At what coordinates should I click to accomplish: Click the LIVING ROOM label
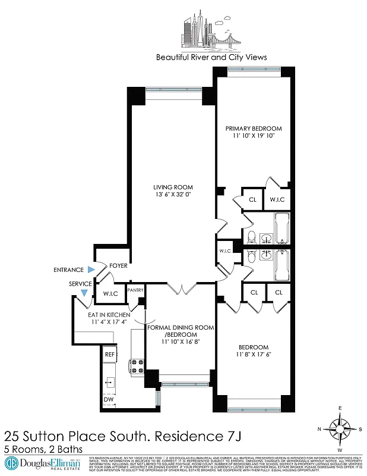(170, 187)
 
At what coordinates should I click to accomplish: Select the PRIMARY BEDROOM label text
(253, 128)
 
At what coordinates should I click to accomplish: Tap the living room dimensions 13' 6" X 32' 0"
(170, 194)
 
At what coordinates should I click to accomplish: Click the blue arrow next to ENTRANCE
(89, 270)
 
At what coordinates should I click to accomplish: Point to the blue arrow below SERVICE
(84, 292)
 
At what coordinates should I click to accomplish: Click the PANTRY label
(135, 290)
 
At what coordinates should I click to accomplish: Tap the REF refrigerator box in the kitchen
(109, 354)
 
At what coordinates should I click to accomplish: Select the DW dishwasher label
(109, 400)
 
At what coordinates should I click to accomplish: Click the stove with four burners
(136, 365)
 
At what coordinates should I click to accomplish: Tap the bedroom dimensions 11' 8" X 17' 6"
(253, 355)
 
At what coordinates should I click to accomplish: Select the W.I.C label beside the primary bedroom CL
(277, 199)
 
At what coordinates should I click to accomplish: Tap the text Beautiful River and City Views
(211, 58)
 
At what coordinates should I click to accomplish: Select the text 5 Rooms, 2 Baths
(43, 449)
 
